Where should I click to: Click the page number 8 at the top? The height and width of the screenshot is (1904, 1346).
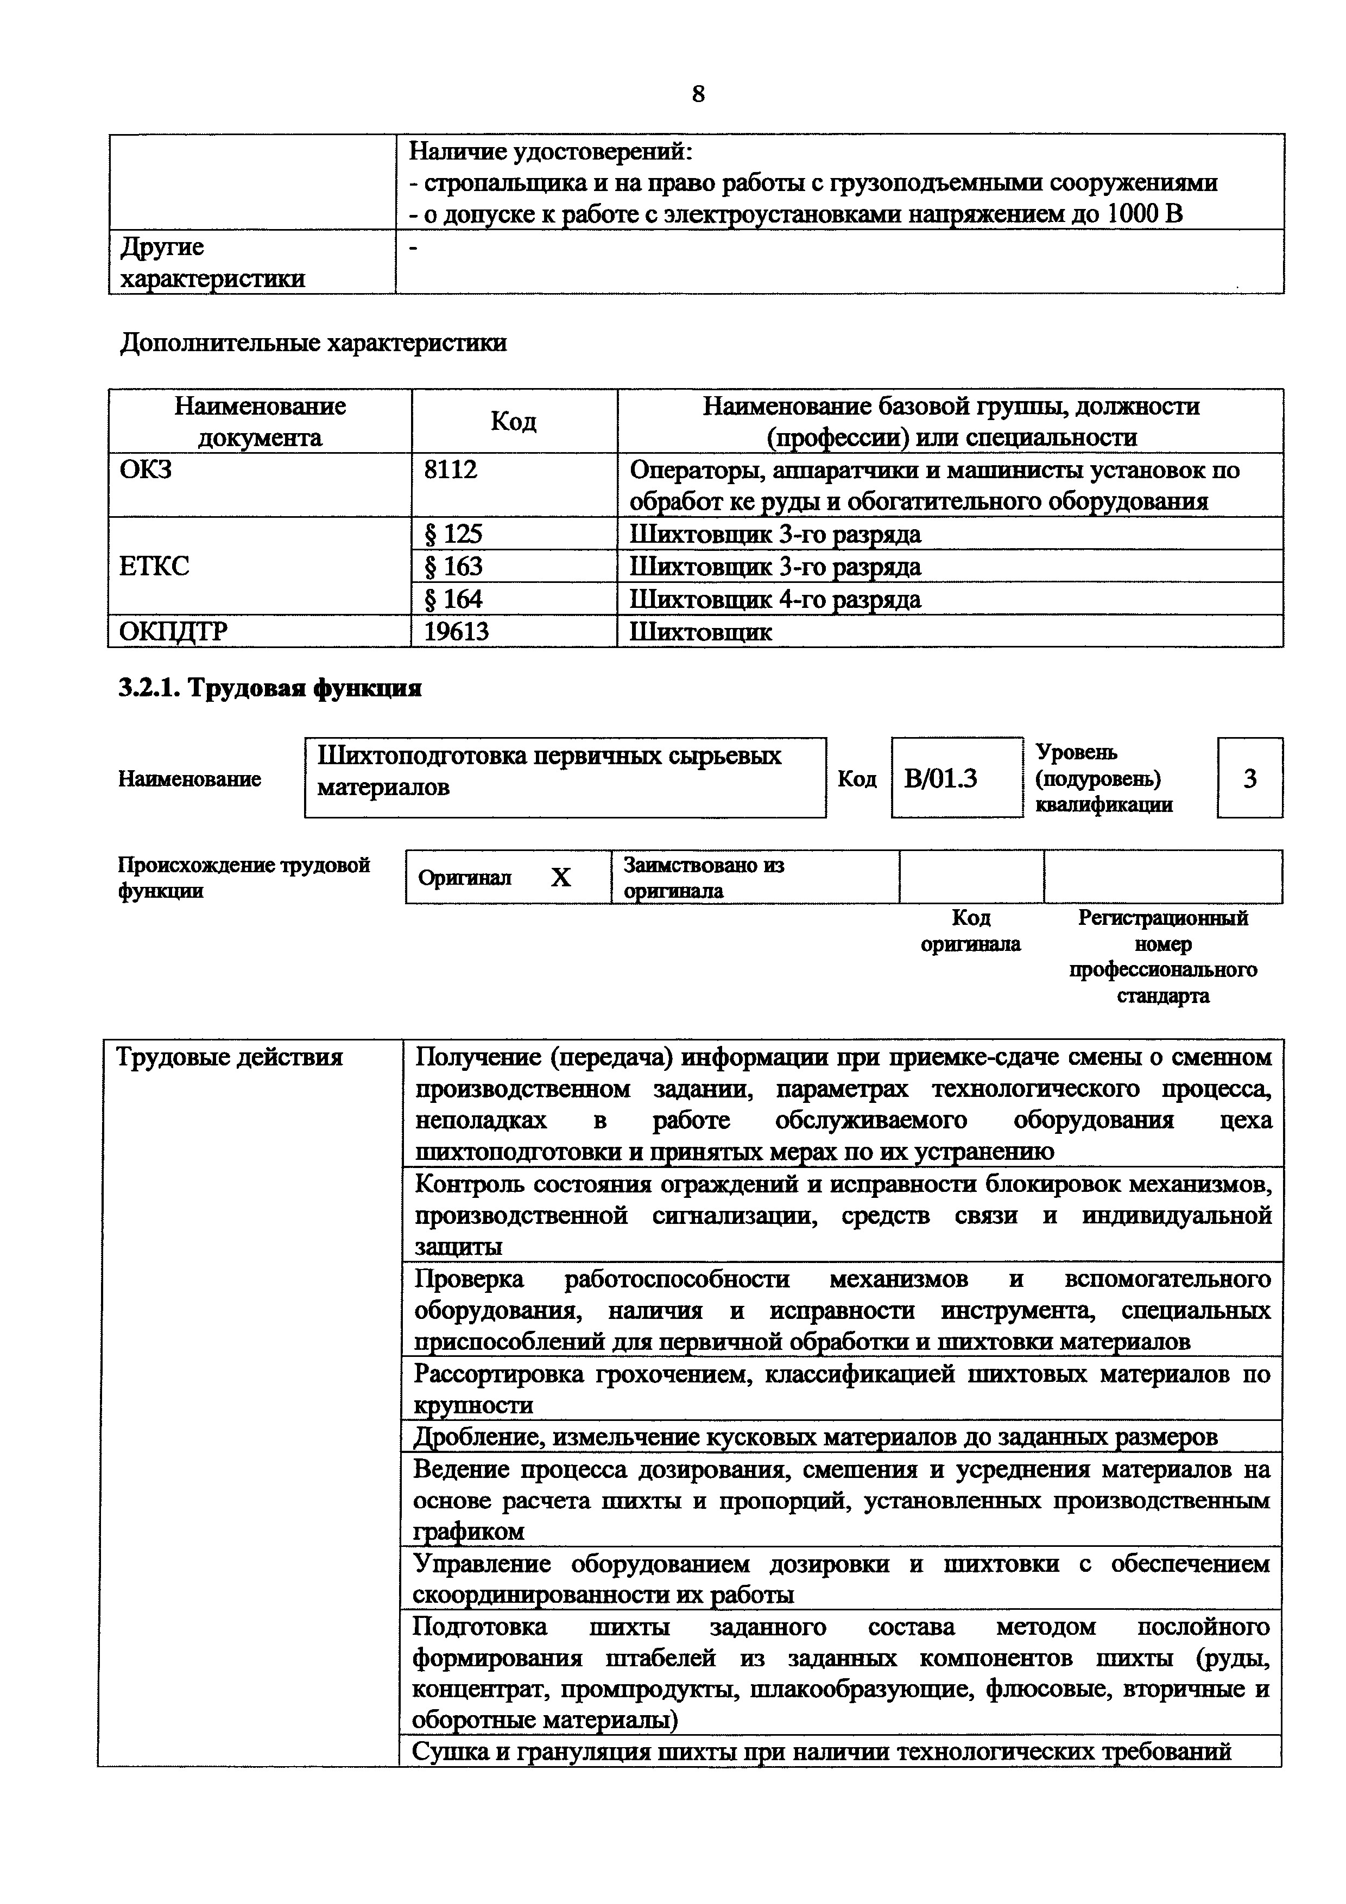click(x=698, y=94)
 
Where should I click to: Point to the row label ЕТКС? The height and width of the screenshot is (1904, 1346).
click(x=154, y=567)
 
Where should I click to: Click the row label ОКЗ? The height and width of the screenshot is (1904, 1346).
click(x=146, y=470)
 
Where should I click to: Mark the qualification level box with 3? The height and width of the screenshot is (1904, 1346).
click(x=1250, y=778)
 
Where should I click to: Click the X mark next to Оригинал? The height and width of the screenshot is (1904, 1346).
click(x=561, y=877)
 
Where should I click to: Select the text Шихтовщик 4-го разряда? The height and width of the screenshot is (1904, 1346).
click(x=775, y=599)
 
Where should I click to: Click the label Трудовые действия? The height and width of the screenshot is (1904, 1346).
click(x=229, y=1057)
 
